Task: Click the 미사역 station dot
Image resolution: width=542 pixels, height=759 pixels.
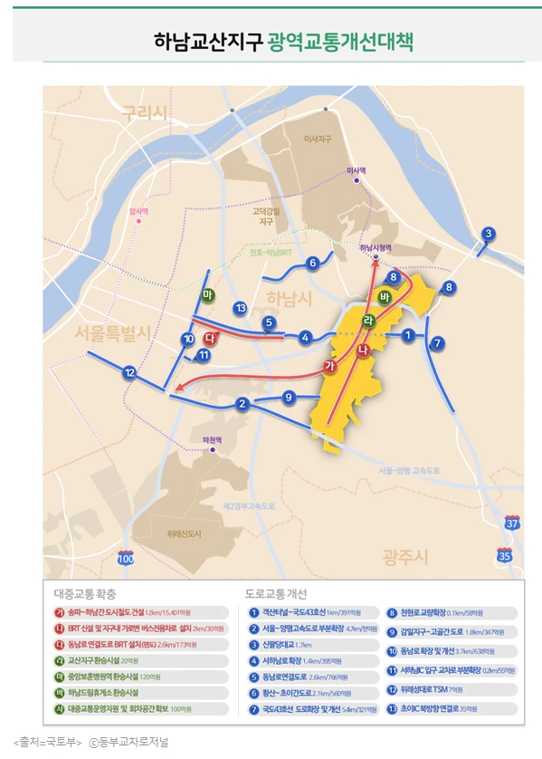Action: coord(358,181)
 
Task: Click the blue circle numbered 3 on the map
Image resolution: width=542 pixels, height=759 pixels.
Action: coord(488,234)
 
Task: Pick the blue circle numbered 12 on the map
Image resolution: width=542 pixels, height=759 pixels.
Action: coord(130,372)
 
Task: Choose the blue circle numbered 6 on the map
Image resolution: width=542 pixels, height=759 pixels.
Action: coord(312,264)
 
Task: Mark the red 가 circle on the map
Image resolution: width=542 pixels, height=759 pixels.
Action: coord(329,366)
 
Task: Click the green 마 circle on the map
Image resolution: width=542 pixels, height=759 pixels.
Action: coord(207,295)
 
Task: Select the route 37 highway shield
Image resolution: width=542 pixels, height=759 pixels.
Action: coord(513,524)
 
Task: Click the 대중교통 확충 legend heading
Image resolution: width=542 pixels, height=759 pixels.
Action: coord(85,594)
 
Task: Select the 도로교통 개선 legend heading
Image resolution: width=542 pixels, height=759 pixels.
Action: coord(277,594)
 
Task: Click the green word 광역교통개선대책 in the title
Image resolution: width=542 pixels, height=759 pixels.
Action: coord(340,43)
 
